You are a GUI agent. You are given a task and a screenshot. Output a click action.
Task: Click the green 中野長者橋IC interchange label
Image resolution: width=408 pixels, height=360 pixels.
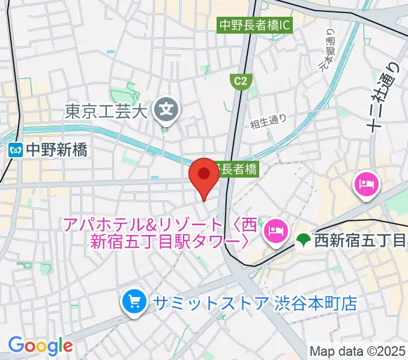255,26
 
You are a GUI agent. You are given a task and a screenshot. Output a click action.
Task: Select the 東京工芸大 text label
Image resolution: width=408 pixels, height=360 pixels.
106,112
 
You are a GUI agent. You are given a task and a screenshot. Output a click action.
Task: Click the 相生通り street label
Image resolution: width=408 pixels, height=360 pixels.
269,120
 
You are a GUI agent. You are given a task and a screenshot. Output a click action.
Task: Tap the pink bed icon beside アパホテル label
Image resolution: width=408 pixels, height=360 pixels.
275,229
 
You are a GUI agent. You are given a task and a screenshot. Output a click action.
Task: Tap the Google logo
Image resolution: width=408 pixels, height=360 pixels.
40,346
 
